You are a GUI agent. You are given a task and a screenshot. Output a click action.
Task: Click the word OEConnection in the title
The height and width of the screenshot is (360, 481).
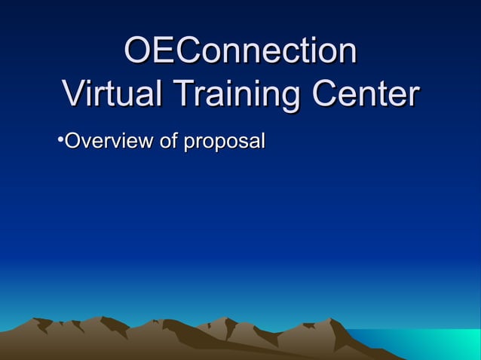(x=240, y=52)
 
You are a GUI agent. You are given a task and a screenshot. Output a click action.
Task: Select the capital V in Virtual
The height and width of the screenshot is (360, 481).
(x=74, y=96)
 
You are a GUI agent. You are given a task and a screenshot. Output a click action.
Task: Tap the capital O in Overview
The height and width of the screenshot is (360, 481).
(x=72, y=141)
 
